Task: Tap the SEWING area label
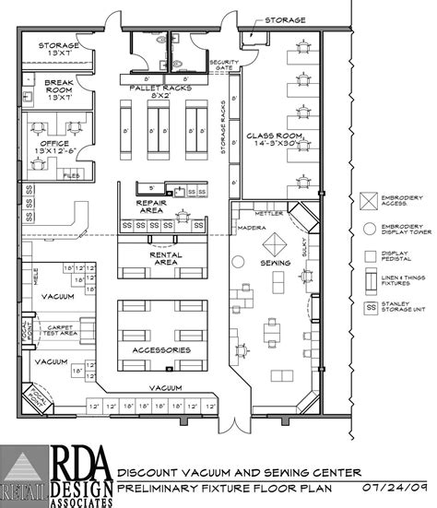[277, 263]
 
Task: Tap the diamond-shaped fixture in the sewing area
[276, 242]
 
